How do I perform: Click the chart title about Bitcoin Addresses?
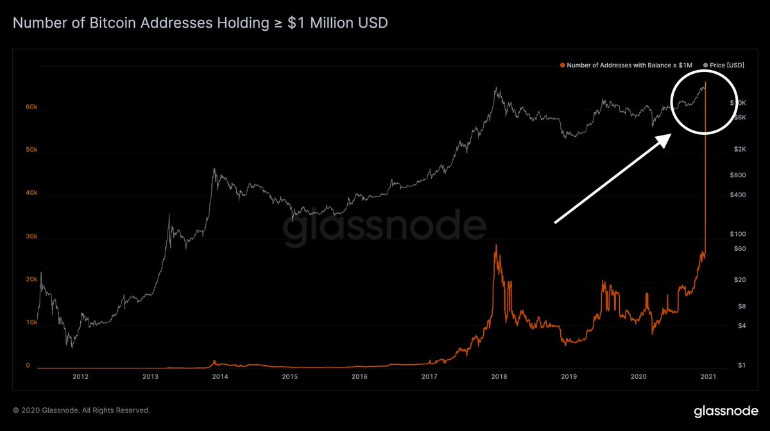[200, 24]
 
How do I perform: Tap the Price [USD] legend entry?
[725, 65]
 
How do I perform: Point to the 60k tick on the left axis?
[31, 107]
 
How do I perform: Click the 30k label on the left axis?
[31, 236]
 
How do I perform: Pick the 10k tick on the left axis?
[31, 322]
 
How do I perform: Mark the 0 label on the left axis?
[28, 365]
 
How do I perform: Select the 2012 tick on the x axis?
[80, 377]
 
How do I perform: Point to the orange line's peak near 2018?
[495, 245]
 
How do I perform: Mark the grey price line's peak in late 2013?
[214, 169]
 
